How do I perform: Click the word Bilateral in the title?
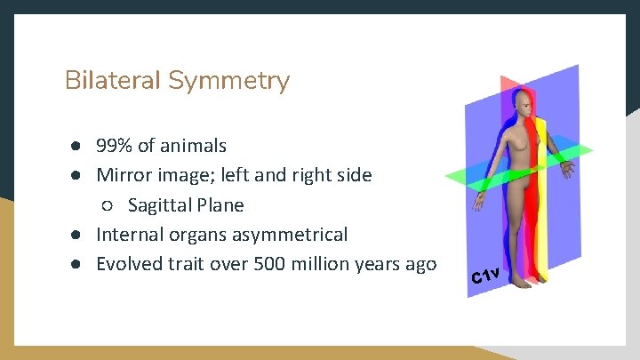tap(114, 81)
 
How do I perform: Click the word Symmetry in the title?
tap(228, 82)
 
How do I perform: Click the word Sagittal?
tap(160, 205)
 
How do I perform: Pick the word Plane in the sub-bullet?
tap(220, 205)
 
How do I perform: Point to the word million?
tap(318, 264)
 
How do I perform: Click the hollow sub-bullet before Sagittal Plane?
tap(107, 206)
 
